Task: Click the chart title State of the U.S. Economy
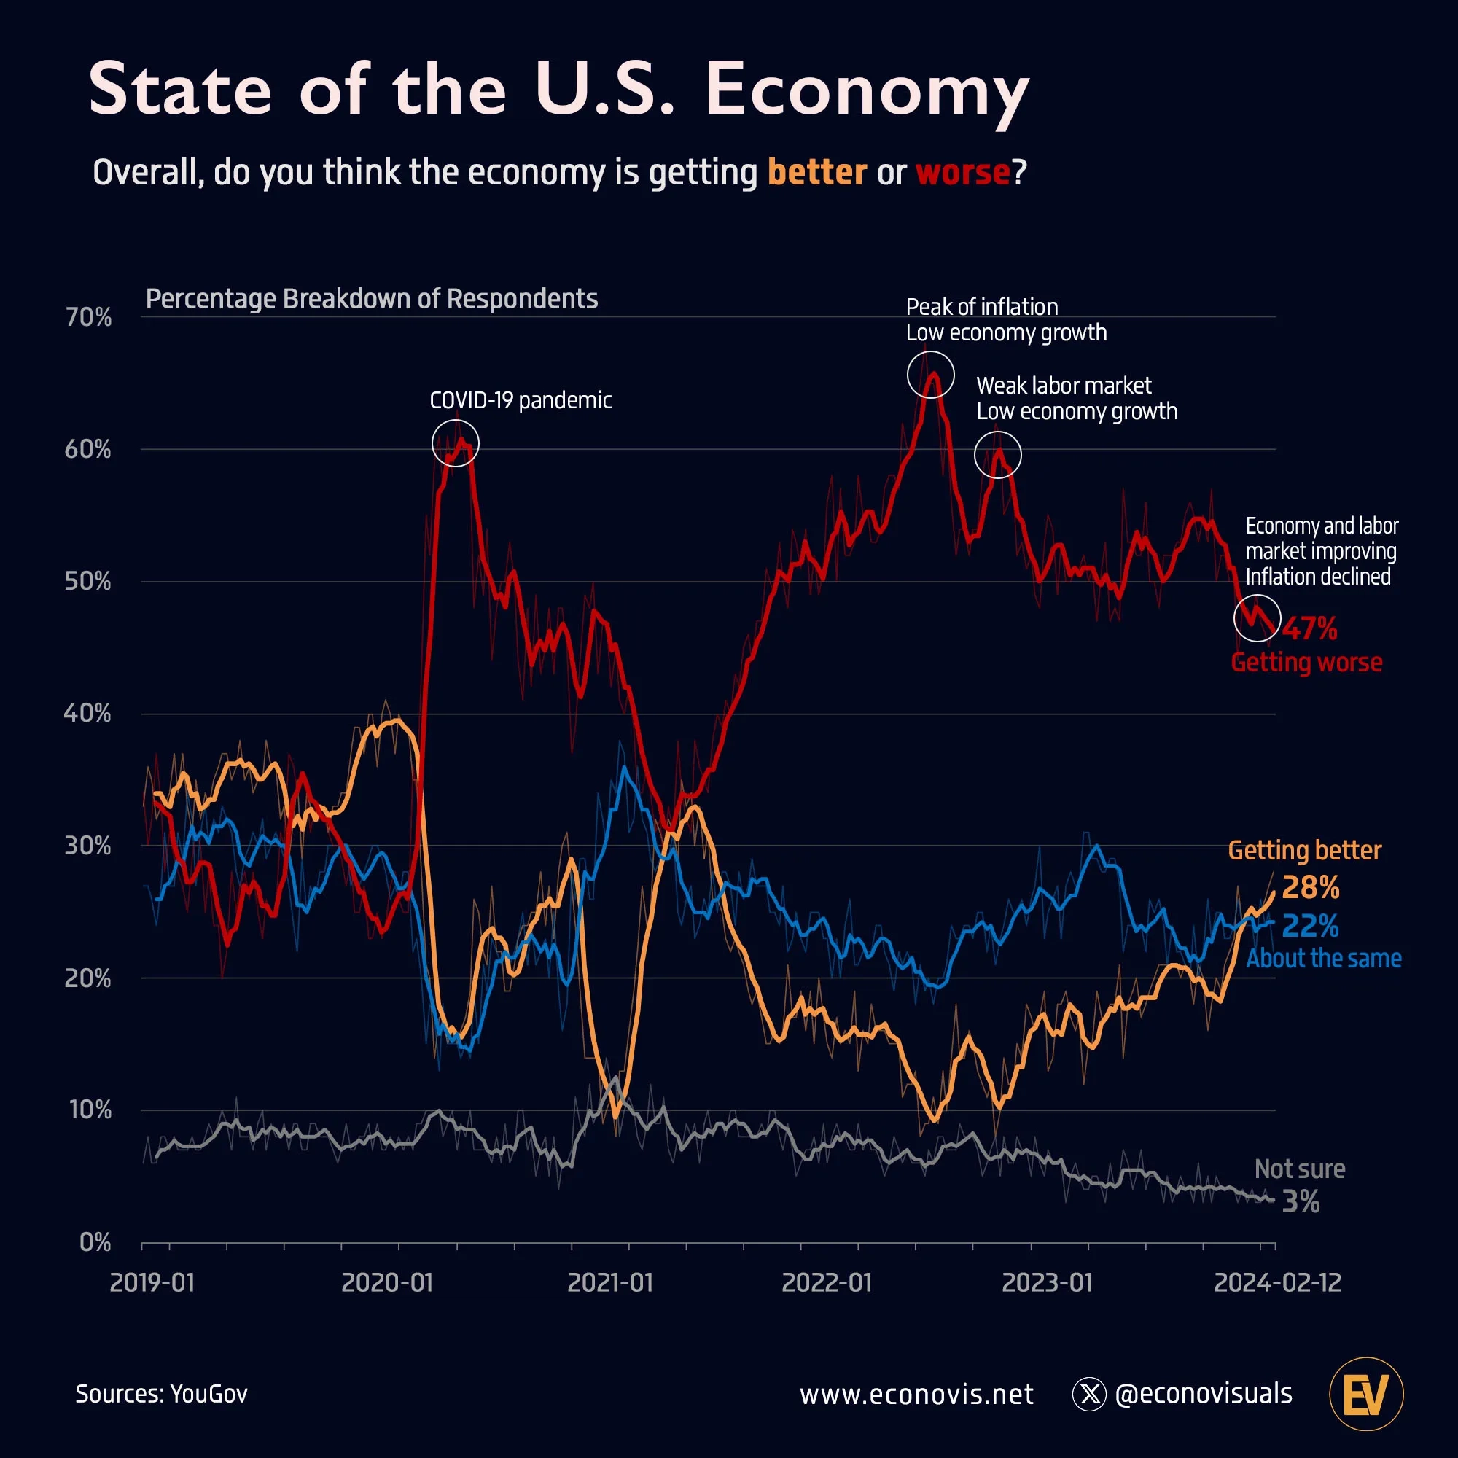click(x=558, y=90)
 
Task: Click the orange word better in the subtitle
click(x=816, y=172)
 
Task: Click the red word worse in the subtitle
click(x=962, y=172)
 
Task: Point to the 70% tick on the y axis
click(x=88, y=317)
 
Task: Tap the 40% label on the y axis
click(x=87, y=713)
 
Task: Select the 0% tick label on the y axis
click(x=95, y=1242)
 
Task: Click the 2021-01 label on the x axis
click(x=609, y=1283)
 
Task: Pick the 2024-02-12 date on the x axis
click(x=1277, y=1283)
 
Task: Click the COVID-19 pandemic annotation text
click(x=520, y=400)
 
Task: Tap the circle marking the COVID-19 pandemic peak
click(x=456, y=444)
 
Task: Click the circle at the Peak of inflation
click(x=930, y=374)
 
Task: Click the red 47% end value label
click(x=1310, y=628)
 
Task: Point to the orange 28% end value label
click(x=1310, y=887)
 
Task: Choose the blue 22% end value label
click(x=1310, y=926)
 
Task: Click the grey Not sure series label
click(x=1300, y=1169)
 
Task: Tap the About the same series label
click(x=1323, y=959)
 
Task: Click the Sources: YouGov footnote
click(x=162, y=1393)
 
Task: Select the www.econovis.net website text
click(x=916, y=1394)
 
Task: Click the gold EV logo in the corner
click(x=1366, y=1394)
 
